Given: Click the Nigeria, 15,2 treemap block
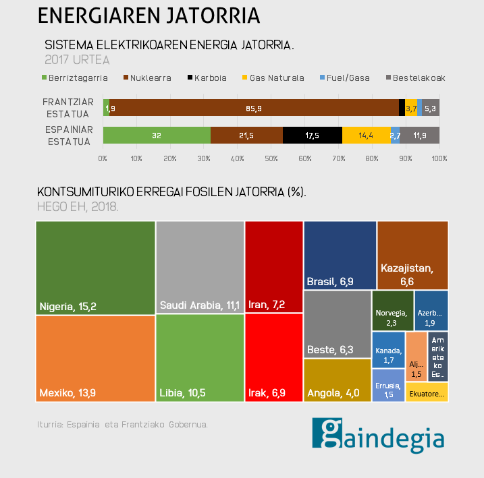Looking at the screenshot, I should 95,268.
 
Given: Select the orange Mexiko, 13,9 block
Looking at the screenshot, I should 95,359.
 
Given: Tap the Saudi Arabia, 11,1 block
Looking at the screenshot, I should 200,268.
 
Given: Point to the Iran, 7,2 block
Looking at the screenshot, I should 273,267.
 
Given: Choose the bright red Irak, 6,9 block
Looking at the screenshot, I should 273,358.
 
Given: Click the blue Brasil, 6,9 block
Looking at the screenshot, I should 340,255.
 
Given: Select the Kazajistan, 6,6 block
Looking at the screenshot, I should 412,255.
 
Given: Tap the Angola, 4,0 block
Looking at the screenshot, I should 337,380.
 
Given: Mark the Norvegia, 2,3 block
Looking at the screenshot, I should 392,310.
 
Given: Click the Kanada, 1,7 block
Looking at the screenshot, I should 388,350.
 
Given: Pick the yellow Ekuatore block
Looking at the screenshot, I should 427,392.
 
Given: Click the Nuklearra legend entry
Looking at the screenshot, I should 146,78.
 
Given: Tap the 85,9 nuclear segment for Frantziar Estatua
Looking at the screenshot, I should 254,108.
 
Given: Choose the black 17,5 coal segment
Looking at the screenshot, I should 312,135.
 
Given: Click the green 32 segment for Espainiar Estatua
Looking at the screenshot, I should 157,135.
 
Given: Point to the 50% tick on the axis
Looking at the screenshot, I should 271,158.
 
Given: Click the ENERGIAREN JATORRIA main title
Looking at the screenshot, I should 149,15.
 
